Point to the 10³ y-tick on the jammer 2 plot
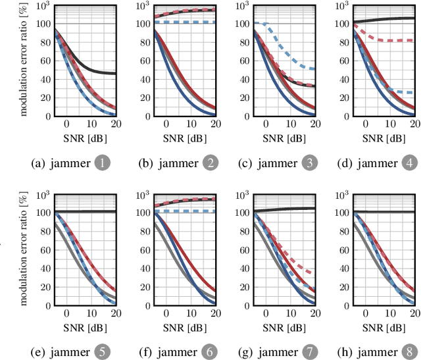[x=141, y=6]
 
